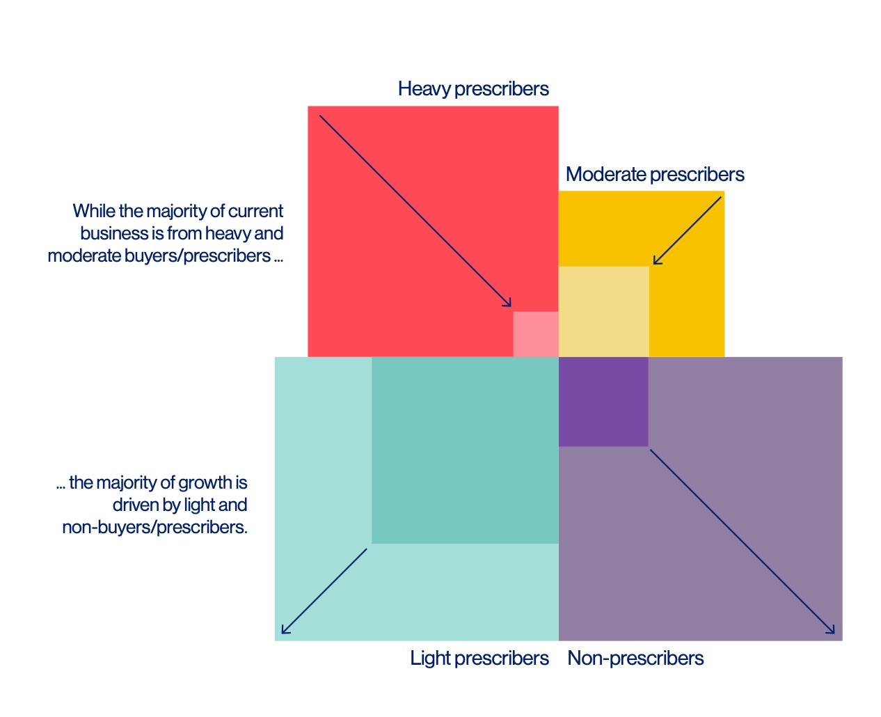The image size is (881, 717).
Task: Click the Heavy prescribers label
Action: point(473,89)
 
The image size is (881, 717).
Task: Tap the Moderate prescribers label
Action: point(655,174)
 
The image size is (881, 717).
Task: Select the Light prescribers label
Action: point(479,658)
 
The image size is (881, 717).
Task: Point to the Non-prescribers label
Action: point(635,658)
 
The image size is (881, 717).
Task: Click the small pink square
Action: point(536,334)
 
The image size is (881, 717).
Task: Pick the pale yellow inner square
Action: point(603,311)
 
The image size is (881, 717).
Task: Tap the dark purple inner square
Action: point(603,402)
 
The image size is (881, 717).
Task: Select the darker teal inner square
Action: point(465,450)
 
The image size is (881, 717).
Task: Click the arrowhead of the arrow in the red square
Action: point(509,304)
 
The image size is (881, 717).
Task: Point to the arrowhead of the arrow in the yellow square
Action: point(656,262)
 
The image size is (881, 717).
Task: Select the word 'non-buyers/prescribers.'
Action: point(154,527)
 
